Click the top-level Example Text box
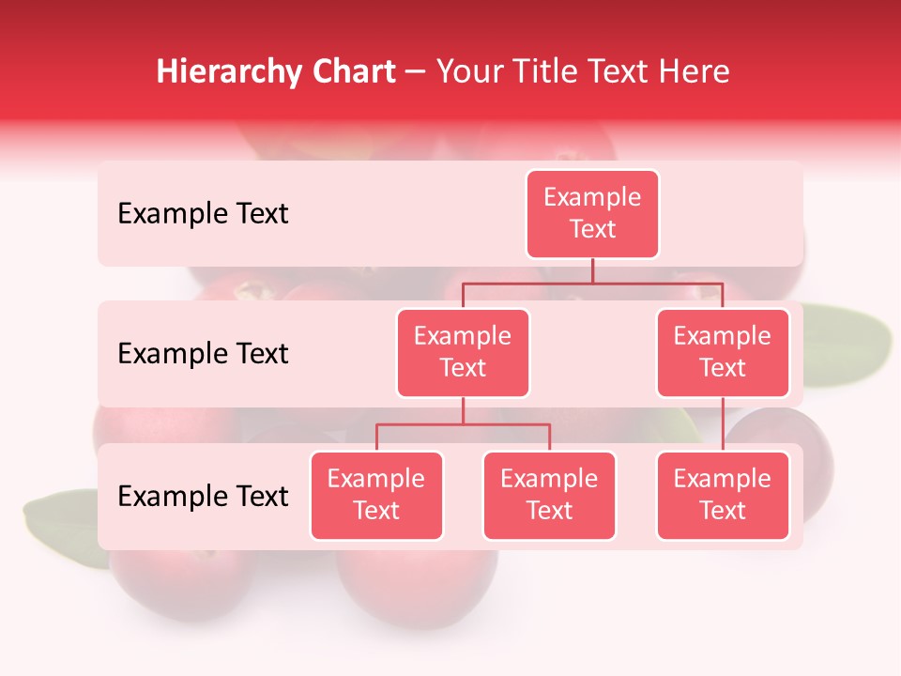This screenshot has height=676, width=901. pos(592,214)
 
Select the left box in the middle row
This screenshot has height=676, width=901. pos(463,352)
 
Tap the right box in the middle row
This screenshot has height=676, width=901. pos(723,352)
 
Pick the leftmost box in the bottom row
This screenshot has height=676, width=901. pos(376,495)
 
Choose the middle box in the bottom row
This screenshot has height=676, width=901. pos(549,495)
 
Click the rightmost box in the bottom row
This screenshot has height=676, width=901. pos(723,495)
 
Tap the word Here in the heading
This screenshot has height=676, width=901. pos(695,71)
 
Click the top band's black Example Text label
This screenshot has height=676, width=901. pos(203,214)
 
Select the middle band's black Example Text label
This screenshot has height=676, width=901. pos(203,354)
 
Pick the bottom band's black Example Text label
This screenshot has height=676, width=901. pos(203,497)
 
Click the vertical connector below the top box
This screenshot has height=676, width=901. pos(592,270)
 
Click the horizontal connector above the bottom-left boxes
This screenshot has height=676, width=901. pos(463,424)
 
